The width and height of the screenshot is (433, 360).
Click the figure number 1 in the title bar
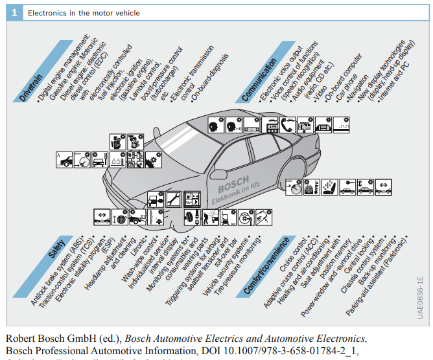[14, 12]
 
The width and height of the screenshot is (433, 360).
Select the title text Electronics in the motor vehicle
[84, 13]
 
